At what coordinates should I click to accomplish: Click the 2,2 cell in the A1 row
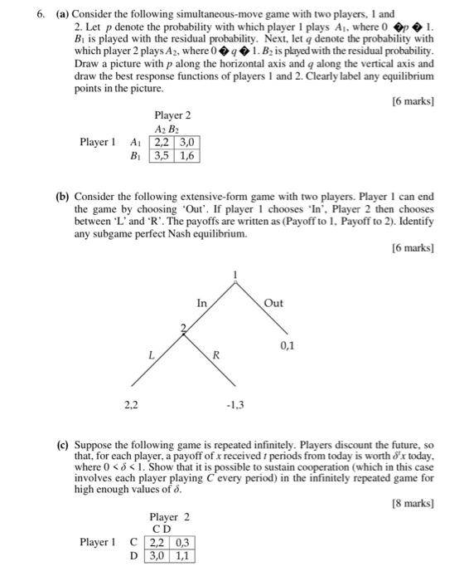(x=161, y=142)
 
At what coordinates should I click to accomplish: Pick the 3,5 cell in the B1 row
(x=161, y=154)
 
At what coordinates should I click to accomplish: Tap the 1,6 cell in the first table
(x=185, y=154)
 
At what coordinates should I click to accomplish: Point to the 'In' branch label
(x=202, y=304)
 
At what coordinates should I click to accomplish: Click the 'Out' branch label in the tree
(x=274, y=303)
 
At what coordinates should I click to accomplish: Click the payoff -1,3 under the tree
(x=234, y=405)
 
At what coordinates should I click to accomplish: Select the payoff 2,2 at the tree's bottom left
(x=130, y=404)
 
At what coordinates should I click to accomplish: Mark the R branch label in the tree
(x=216, y=355)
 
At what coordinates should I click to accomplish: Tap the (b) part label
(x=63, y=198)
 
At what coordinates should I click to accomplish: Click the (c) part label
(x=63, y=445)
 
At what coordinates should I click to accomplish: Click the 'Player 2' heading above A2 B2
(x=172, y=115)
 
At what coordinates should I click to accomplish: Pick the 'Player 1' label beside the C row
(x=98, y=542)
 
